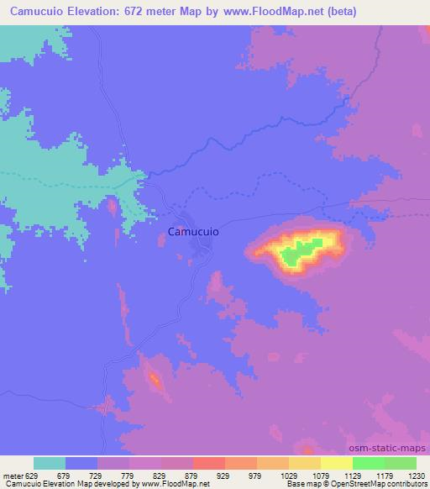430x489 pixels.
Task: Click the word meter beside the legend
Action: click(12, 475)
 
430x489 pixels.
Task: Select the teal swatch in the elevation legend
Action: click(50, 463)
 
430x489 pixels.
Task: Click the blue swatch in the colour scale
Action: click(81, 463)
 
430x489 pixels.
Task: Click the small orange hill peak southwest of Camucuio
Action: click(155, 380)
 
